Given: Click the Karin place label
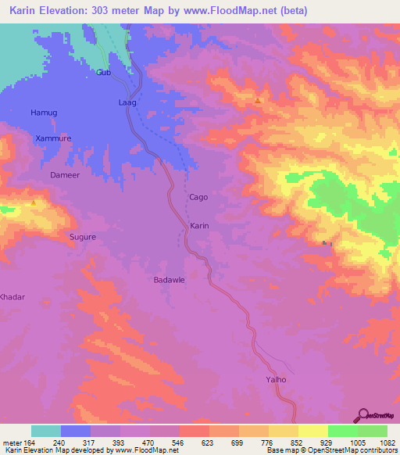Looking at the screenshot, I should click(x=200, y=225).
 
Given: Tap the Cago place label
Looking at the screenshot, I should click(x=198, y=198).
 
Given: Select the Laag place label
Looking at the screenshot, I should click(x=127, y=102).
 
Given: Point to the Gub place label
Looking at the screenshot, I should click(x=104, y=73).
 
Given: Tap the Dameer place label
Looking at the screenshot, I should click(x=66, y=175).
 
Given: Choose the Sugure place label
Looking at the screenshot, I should click(x=83, y=236).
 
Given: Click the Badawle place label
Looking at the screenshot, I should click(x=168, y=279).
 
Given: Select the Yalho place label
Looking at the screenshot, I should click(x=277, y=380).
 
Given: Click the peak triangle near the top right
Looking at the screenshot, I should click(x=258, y=101).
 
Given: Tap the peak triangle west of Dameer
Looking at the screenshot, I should click(x=34, y=202).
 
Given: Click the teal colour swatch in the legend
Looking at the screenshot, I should click(x=46, y=431).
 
